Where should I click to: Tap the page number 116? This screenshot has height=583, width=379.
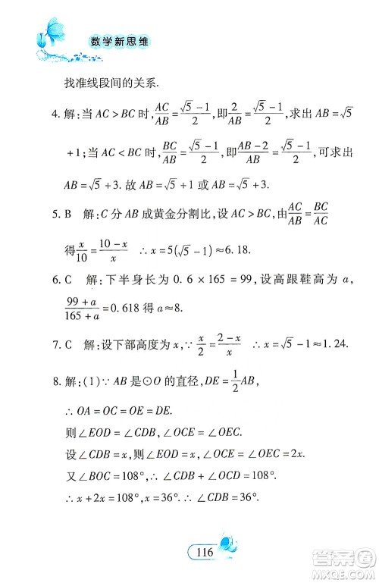(x=203, y=552)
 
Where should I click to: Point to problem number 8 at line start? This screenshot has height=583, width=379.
(x=55, y=383)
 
